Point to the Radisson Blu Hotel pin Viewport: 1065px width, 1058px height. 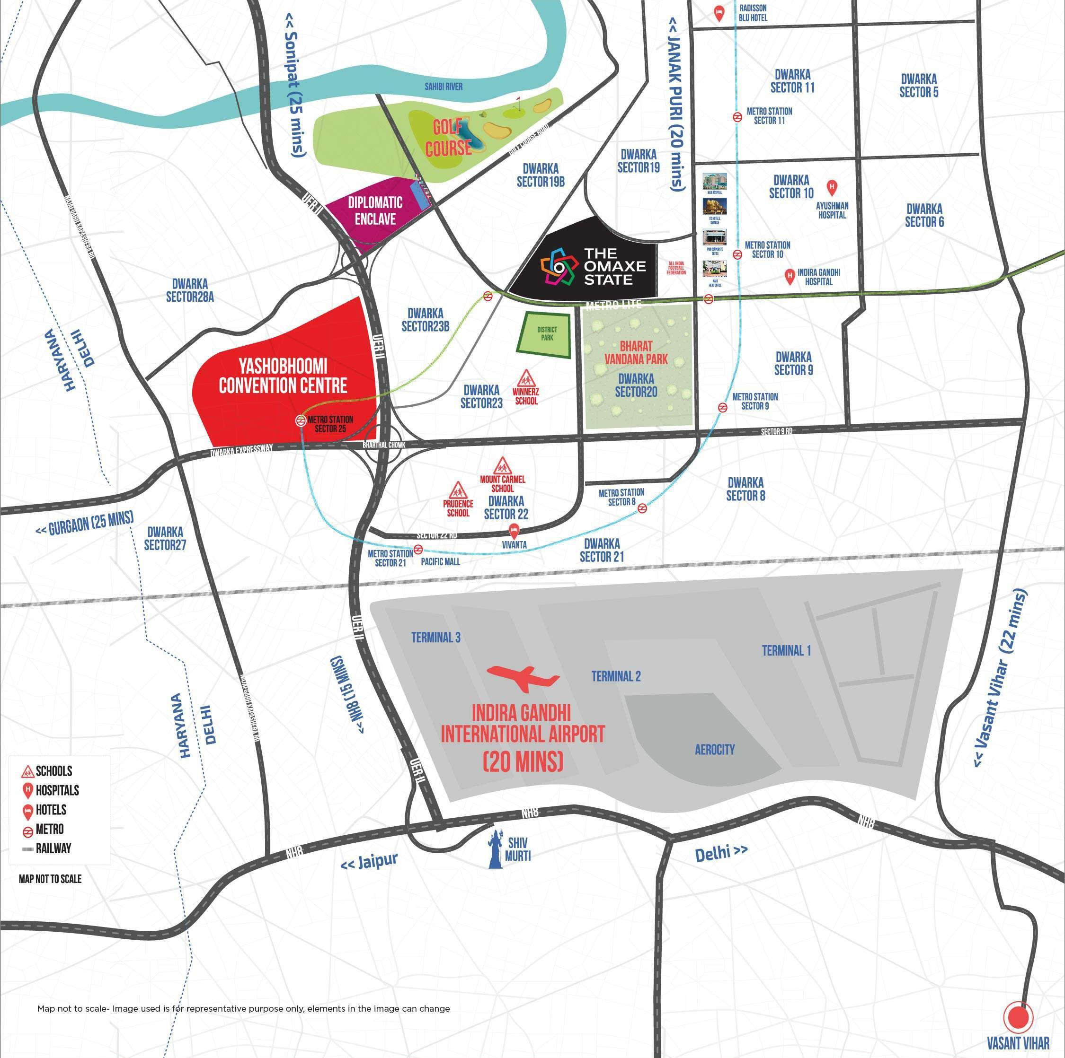tap(718, 13)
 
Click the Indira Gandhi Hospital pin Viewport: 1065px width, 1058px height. tap(790, 277)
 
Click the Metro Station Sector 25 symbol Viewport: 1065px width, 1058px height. tap(301, 420)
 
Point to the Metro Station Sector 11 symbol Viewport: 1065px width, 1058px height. tap(737, 117)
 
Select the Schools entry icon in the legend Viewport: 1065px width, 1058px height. tap(28, 771)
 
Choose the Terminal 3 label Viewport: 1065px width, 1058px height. tap(435, 637)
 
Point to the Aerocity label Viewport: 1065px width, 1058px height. tap(714, 749)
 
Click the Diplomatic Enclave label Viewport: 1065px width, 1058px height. tap(375, 210)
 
